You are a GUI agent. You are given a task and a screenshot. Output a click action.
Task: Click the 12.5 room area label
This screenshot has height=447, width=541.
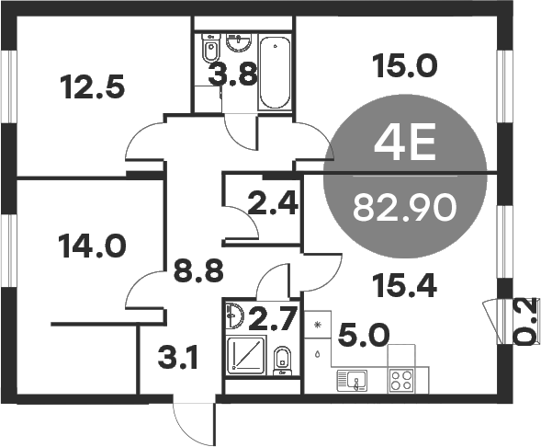[92, 88]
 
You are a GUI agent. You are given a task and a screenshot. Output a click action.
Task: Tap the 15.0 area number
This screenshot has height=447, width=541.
[404, 64]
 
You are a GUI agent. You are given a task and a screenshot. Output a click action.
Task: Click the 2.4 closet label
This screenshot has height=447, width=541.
[273, 202]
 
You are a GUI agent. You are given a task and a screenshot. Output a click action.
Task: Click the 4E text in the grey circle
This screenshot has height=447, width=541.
[404, 143]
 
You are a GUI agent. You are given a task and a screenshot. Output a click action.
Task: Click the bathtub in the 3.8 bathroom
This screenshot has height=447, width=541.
[274, 74]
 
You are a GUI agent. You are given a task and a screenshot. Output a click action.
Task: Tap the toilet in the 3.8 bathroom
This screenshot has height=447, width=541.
[210, 46]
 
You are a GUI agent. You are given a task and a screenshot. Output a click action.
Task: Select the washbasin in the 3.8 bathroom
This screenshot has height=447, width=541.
[241, 41]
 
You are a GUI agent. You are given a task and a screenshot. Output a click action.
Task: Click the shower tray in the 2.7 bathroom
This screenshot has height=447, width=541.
[246, 356]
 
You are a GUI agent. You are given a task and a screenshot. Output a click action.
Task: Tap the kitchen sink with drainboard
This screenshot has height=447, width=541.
[354, 378]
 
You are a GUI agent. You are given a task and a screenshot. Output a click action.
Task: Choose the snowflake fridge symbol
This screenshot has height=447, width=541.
[318, 326]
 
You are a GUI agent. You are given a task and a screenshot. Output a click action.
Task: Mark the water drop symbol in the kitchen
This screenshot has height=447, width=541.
[318, 351]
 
